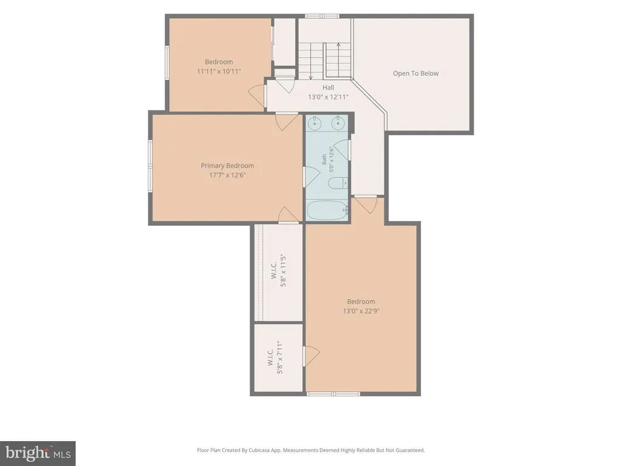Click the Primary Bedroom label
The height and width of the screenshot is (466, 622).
click(227, 166)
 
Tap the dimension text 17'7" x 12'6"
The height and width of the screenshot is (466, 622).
click(227, 175)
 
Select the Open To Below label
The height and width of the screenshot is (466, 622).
click(415, 73)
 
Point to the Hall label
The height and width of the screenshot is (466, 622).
click(328, 87)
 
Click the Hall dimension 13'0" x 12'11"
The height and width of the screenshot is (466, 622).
click(328, 96)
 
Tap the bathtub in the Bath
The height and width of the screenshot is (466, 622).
click(327, 210)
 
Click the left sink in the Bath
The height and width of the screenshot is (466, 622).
click(315, 123)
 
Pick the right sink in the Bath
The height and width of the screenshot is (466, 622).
click(338, 123)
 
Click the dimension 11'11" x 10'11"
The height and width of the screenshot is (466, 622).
click(219, 72)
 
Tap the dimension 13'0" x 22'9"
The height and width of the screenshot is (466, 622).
click(361, 311)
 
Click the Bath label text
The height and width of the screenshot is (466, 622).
click(324, 160)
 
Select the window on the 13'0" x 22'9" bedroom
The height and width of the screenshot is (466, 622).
click(333, 394)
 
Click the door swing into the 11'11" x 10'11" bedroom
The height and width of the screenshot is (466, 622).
click(256, 95)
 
